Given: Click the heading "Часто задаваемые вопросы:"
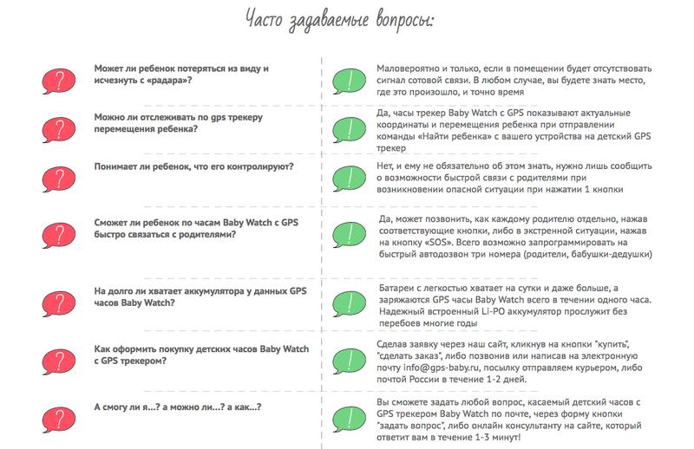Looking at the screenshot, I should coord(345,19).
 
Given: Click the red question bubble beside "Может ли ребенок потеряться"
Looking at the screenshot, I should coord(56,81).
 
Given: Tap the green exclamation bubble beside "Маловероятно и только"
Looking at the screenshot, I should coord(349,80).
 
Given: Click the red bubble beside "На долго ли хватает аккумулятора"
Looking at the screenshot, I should coord(56,297).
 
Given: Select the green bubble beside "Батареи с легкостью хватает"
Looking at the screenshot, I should coord(349,299).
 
